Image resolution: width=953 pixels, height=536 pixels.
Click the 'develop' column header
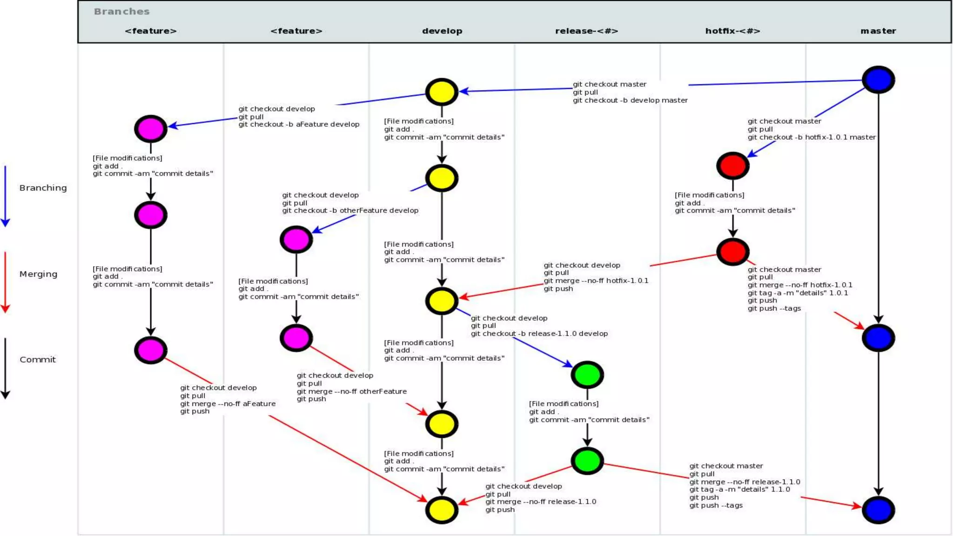442,31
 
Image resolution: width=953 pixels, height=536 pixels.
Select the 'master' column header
878,31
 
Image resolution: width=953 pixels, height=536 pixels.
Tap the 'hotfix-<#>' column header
732,31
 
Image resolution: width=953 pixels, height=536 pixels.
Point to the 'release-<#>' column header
586,31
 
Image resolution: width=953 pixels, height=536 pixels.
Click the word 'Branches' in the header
121,12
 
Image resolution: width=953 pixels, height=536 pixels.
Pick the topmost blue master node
878,80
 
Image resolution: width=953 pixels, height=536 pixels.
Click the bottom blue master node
878,510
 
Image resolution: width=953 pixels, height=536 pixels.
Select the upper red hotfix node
732,166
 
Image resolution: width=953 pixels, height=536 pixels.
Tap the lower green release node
587,461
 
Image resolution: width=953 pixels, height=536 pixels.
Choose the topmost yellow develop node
442,92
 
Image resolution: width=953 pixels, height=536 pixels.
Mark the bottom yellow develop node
442,510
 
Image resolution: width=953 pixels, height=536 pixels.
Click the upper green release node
587,375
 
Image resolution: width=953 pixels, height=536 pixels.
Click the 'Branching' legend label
43,188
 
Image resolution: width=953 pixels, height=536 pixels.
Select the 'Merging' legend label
38,274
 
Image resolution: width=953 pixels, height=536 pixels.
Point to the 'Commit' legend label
37,360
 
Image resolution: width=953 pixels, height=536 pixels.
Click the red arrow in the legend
5,282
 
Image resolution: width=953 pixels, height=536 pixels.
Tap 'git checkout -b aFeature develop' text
299,124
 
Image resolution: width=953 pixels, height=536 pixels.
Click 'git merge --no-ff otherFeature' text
351,391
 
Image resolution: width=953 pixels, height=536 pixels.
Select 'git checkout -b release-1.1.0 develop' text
539,334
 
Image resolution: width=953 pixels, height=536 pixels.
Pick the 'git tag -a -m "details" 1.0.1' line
798,293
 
